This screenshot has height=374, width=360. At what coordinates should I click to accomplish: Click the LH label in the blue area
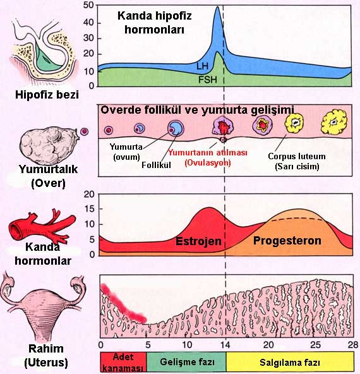point(202,66)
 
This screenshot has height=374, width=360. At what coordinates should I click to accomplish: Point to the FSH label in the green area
point(208,80)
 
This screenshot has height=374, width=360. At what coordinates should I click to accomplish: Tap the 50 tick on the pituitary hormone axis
point(88,6)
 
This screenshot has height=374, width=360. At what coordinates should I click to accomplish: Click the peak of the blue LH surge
point(217,7)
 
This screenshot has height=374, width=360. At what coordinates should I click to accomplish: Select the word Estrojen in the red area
point(198,241)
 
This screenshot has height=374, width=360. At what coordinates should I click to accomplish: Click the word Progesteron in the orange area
point(287,241)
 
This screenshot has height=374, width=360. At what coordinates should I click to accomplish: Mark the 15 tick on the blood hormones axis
point(89,209)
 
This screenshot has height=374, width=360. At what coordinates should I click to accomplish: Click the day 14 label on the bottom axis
point(225,345)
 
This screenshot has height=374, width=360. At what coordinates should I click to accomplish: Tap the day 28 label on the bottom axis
point(353,345)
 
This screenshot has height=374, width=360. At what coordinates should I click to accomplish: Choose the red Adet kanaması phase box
point(123,362)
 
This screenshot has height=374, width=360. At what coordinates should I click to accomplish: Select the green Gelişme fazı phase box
point(186,362)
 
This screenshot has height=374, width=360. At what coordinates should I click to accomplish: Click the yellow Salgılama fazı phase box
point(290,362)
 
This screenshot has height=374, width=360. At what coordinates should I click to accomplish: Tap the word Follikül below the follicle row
point(156,165)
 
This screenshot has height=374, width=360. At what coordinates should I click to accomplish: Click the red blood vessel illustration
point(42,226)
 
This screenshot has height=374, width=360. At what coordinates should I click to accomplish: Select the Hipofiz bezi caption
point(47,95)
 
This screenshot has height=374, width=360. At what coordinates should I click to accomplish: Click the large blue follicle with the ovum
point(176,128)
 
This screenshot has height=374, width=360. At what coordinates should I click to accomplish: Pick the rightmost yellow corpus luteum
point(334,122)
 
